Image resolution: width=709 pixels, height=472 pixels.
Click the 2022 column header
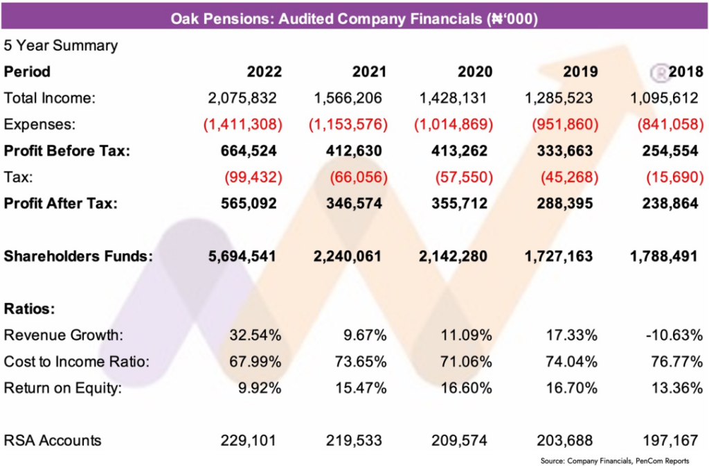[x=264, y=71]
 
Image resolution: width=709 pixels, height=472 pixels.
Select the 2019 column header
[x=580, y=71]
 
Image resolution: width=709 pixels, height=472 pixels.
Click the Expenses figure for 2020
[x=454, y=125]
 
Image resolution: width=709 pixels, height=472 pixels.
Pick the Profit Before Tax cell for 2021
[x=350, y=150]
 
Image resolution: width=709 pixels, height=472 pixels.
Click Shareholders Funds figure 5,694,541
[x=242, y=256]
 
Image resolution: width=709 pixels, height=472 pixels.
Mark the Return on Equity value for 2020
[x=466, y=387]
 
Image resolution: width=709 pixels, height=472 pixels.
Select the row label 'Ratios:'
[x=29, y=309]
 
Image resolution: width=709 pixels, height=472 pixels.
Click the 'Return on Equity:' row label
[x=63, y=387]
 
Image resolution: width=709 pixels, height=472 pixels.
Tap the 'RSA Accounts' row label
[x=53, y=440]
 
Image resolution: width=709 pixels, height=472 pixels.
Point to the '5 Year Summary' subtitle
[x=61, y=46]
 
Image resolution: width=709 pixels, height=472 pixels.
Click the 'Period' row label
[x=27, y=71]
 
